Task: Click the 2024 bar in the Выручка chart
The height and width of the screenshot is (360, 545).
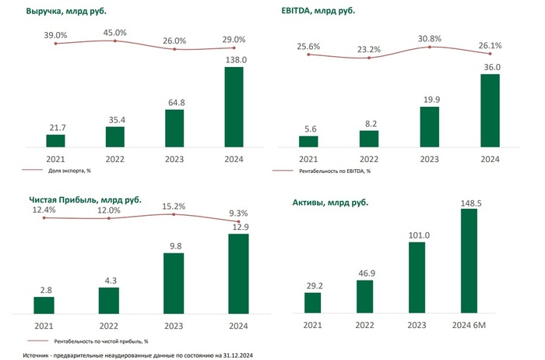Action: pyautogui.click(x=234, y=107)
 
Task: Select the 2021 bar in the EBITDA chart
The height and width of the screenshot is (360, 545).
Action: pyautogui.click(x=309, y=141)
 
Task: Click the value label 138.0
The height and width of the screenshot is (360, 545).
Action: pyautogui.click(x=234, y=59)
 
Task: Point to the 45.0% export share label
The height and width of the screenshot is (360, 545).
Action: pyautogui.click(x=115, y=32)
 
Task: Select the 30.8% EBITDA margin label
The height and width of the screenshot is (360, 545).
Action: pyautogui.click(x=430, y=38)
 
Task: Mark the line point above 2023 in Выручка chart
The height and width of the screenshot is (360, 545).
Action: pyautogui.click(x=174, y=49)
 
